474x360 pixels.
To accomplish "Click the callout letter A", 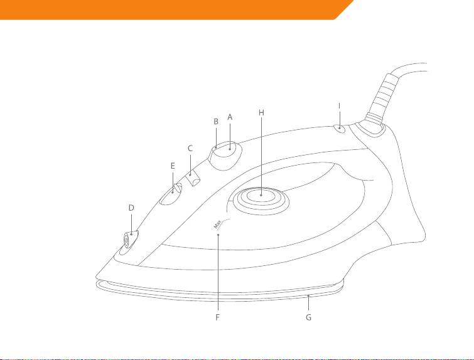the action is (x=230, y=117).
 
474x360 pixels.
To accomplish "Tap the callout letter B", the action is (x=215, y=121).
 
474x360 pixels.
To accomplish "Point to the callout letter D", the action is (x=131, y=207).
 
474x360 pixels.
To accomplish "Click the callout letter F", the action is (x=217, y=317).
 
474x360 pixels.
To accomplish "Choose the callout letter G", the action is (x=308, y=317).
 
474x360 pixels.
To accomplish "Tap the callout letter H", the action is (x=261, y=112).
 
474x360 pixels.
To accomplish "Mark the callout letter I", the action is (x=339, y=106).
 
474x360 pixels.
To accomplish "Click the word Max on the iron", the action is (x=217, y=224).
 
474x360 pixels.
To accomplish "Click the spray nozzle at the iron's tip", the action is (x=127, y=240).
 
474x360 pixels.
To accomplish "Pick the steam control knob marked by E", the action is (x=170, y=196).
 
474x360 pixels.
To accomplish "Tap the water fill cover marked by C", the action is (x=194, y=177).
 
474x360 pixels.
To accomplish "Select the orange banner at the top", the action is (x=170, y=9).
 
